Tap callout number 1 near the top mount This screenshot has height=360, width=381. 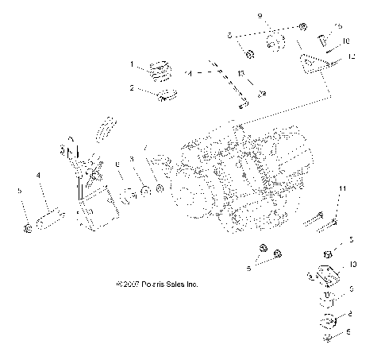133,63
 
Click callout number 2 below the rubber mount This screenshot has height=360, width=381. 133,87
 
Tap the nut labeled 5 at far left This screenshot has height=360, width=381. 27,229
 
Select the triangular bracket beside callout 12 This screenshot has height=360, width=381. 315,64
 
